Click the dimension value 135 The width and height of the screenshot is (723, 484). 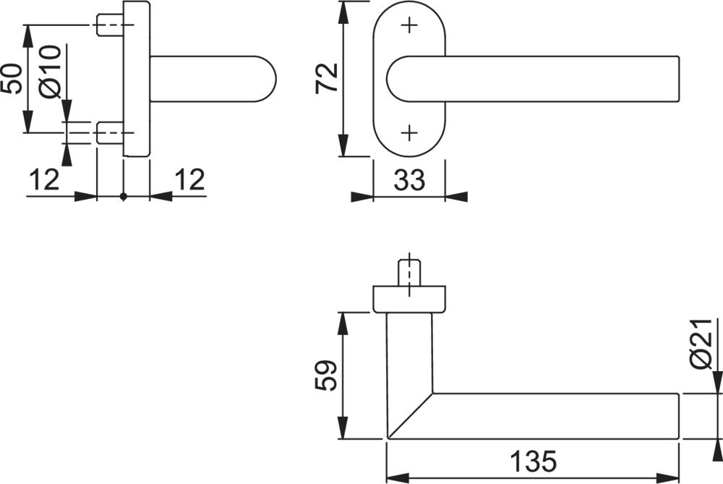point(533,461)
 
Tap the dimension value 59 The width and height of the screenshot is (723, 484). point(327,375)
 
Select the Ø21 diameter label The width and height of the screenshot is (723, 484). point(701,344)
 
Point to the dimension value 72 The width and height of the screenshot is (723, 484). point(327,78)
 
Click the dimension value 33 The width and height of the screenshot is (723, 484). point(409,180)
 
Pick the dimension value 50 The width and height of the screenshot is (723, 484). point(12,79)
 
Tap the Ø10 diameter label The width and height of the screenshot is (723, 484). point(51,72)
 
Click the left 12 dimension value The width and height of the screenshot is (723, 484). point(45,179)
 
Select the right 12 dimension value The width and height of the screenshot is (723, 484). point(189,179)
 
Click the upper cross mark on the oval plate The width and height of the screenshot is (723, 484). point(409,25)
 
